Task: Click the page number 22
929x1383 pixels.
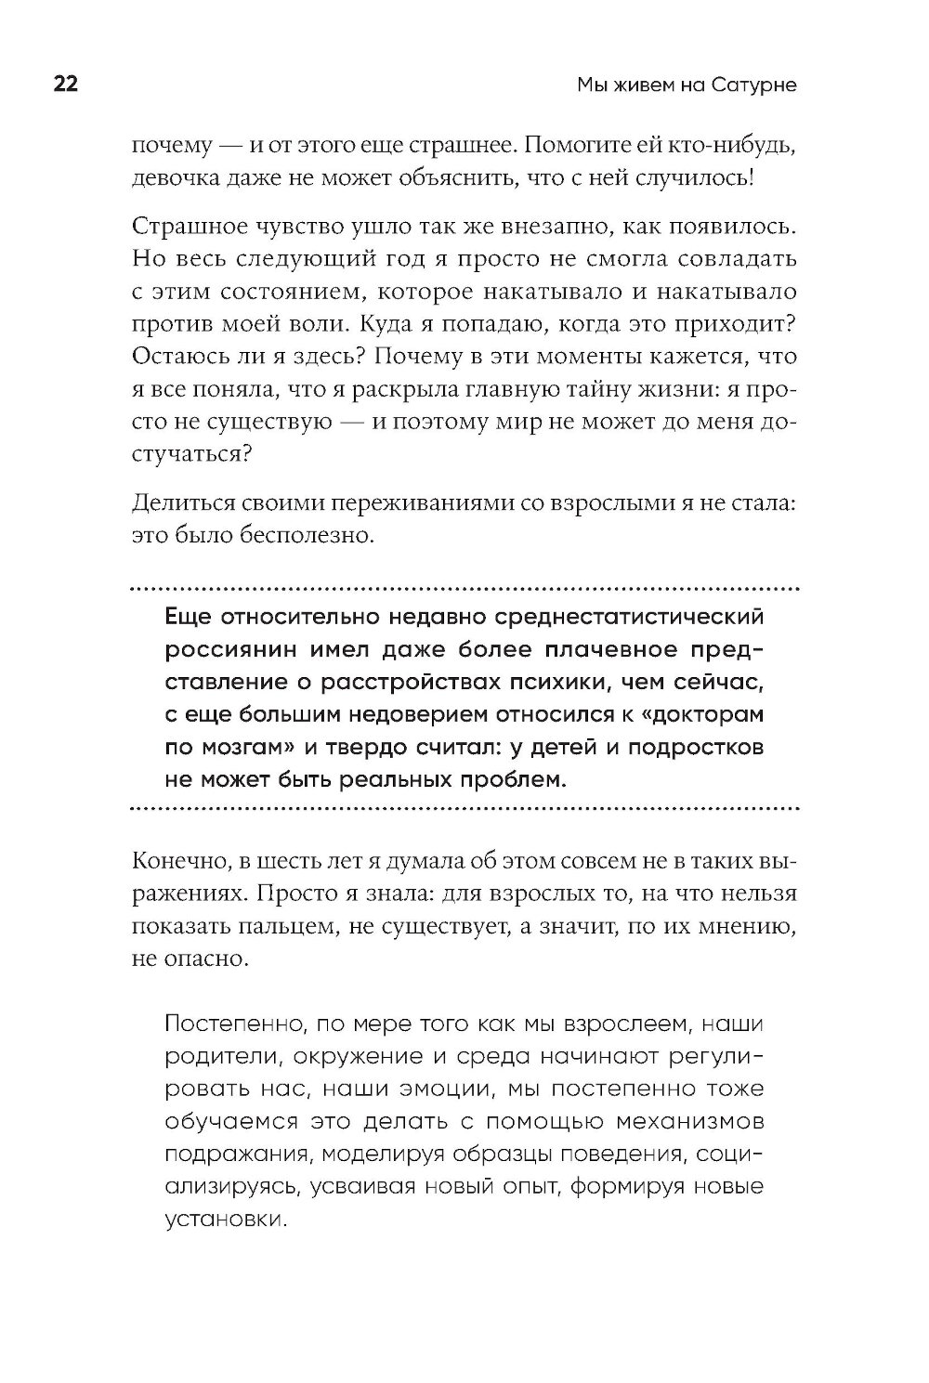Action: point(65,85)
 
